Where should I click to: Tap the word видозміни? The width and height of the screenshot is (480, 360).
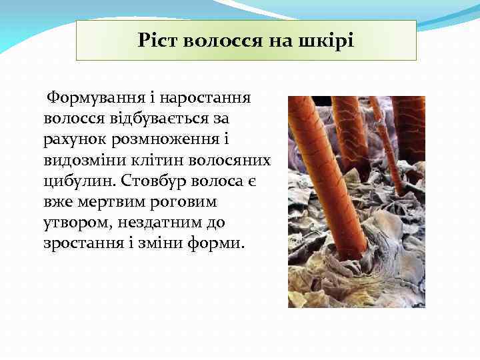tap(85, 160)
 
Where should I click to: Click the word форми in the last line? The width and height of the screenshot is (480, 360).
tap(219, 243)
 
